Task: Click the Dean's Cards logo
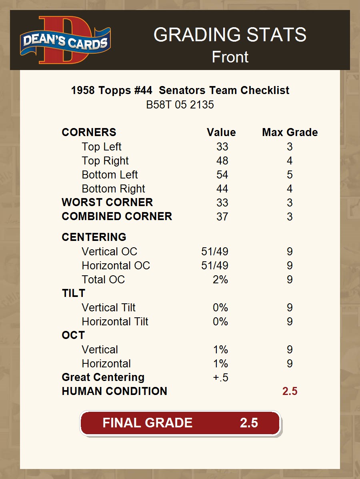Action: [x=66, y=40]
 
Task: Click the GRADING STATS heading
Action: [x=230, y=35]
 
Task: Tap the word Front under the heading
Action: [x=230, y=57]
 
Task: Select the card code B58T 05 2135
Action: [x=180, y=105]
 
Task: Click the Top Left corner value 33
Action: [x=222, y=147]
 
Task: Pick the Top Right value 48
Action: [x=222, y=161]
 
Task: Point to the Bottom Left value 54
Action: [x=222, y=175]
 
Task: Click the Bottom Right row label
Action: [x=113, y=189]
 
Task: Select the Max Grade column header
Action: [x=290, y=132]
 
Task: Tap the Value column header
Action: [x=221, y=132]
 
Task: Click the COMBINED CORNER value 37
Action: [x=222, y=217]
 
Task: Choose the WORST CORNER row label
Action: [x=107, y=202]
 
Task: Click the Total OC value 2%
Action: [x=220, y=280]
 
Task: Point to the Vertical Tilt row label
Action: [x=108, y=308]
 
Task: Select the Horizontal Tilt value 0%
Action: [x=220, y=322]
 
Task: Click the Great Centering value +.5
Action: [x=220, y=378]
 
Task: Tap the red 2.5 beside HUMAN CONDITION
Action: [x=290, y=391]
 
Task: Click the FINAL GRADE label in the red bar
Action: [x=147, y=423]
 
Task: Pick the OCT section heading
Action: [x=73, y=335]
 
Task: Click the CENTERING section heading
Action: [x=94, y=237]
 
